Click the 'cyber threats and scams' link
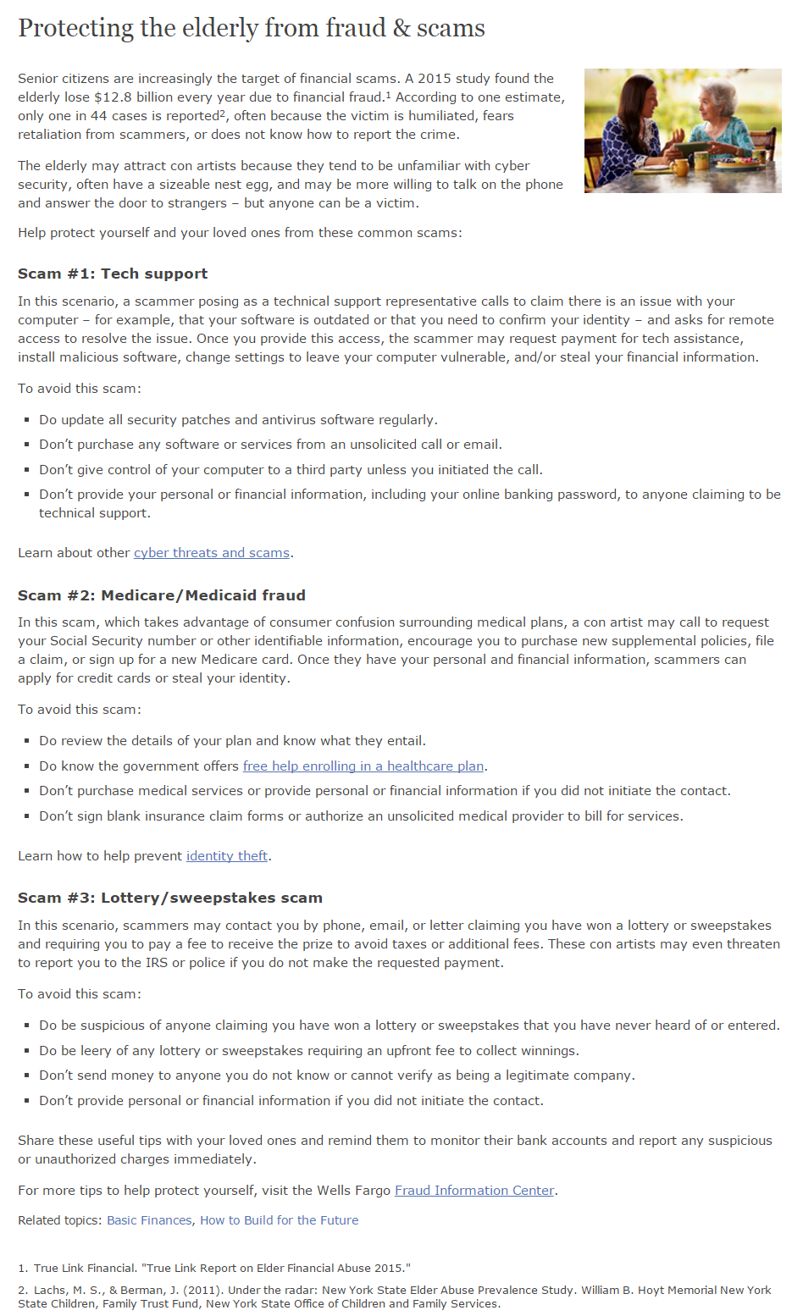pos(212,553)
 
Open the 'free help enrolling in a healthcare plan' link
pos(363,766)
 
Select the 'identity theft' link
pos(227,856)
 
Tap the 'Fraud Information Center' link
pos(474,1191)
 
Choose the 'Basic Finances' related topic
pos(149,1220)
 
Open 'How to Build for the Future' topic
pos(279,1220)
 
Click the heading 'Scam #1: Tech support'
pos(113,274)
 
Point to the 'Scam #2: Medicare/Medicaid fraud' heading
pos(162,595)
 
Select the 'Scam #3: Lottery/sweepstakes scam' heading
pos(170,898)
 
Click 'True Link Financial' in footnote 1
pos(85,1268)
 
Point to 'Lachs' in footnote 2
pos(49,1290)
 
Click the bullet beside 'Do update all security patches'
pos(28,420)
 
